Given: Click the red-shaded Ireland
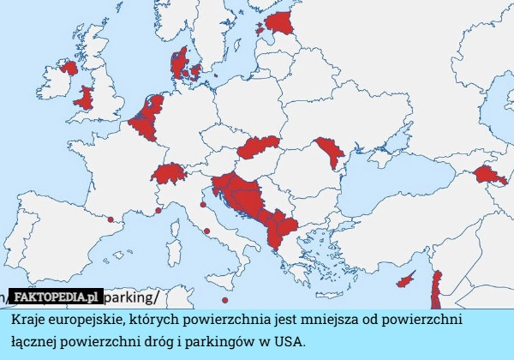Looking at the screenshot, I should pyautogui.click(x=65, y=69).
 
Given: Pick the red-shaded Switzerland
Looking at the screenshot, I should pyautogui.click(x=168, y=173).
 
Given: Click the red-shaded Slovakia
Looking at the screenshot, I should pyautogui.click(x=259, y=147).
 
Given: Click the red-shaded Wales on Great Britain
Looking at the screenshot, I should pyautogui.click(x=85, y=98).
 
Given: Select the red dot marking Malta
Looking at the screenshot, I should pyautogui.click(x=224, y=300).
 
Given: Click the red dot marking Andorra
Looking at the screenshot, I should pyautogui.click(x=111, y=219).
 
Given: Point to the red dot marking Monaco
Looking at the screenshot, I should pyautogui.click(x=158, y=210).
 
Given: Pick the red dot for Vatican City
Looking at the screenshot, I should pyautogui.click(x=207, y=231).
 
